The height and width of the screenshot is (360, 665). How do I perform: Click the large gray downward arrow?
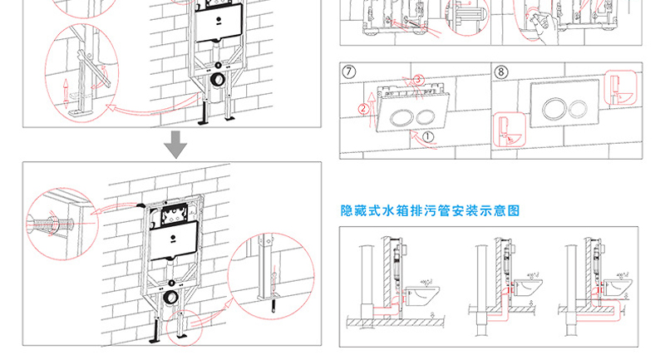(175, 145)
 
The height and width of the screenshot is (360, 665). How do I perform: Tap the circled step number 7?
(350, 72)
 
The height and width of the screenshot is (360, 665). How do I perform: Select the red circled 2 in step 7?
(362, 109)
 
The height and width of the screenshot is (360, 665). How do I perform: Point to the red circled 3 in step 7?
(418, 78)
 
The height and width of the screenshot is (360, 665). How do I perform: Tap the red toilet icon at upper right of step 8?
(617, 86)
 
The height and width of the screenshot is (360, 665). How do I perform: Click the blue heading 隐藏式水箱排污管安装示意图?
(431, 211)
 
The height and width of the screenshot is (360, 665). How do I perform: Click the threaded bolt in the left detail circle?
(49, 224)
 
